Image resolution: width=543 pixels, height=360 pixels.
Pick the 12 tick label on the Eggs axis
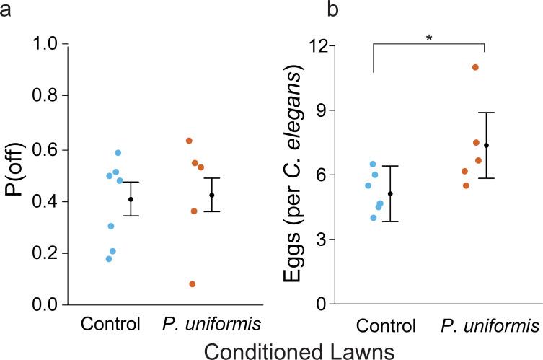click(x=319, y=45)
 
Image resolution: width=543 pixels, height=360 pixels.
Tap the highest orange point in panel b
click(x=475, y=67)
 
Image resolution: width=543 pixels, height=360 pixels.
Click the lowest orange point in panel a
click(x=192, y=284)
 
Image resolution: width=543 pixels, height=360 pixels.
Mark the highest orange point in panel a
click(x=189, y=141)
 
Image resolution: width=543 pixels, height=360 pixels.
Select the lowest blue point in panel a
click(x=109, y=259)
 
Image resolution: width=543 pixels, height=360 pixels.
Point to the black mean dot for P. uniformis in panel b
click(x=486, y=146)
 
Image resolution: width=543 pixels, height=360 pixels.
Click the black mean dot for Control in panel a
click(x=131, y=199)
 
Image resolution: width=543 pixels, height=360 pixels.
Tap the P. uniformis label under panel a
click(x=201, y=322)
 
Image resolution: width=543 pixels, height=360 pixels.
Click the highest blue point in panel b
click(x=373, y=164)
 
